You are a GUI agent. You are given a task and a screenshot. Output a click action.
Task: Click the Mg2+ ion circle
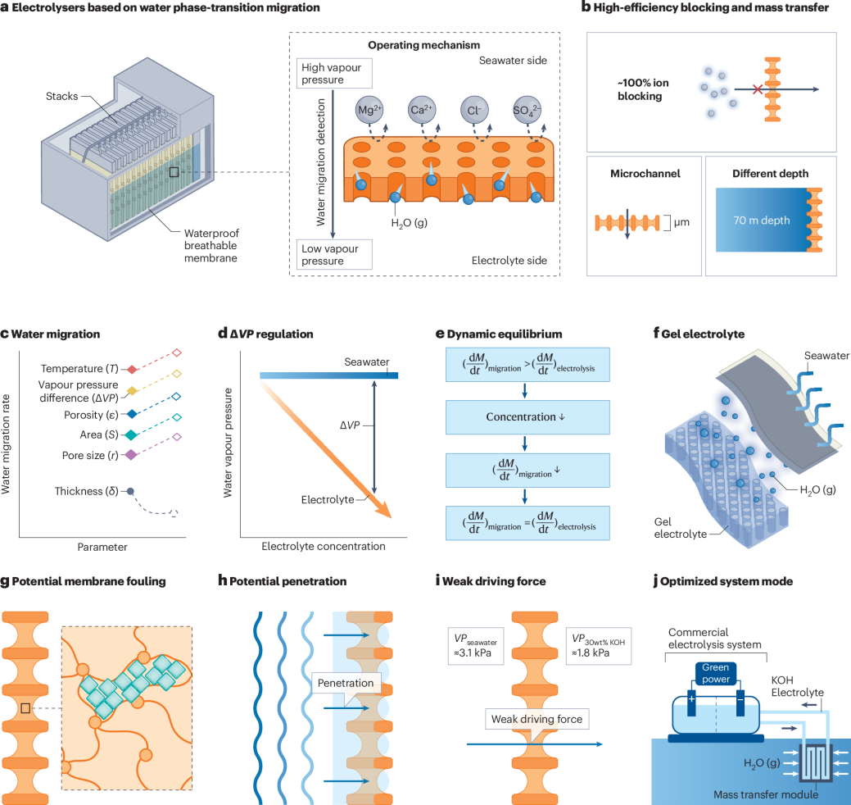pyautogui.click(x=370, y=109)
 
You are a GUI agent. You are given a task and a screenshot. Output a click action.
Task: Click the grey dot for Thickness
pyautogui.click(x=130, y=491)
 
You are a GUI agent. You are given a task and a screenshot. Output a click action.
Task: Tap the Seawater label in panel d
pyautogui.click(x=366, y=362)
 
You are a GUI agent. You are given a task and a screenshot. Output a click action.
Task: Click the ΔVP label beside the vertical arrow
pyautogui.click(x=351, y=426)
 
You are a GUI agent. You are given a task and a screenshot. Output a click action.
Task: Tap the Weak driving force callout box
pyautogui.click(x=536, y=720)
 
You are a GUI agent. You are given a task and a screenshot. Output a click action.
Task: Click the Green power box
pyautogui.click(x=714, y=671)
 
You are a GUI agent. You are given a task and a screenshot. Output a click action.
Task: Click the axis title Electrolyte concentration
pyautogui.click(x=323, y=546)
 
